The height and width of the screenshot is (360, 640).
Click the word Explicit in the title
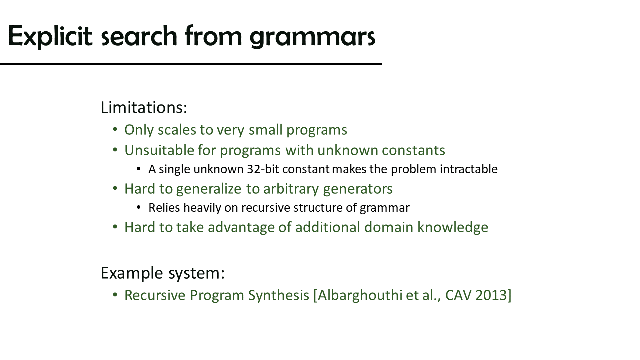pos(50,36)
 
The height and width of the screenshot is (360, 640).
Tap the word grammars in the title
pos(312,37)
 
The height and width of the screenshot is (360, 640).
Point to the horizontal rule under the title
pos(191,64)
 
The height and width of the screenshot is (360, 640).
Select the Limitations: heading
pos(144,108)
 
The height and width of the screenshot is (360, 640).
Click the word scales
pos(177,130)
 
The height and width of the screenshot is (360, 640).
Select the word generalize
pos(209,189)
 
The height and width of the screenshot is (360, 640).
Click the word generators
pos(358,189)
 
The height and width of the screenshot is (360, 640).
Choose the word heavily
pos(202,208)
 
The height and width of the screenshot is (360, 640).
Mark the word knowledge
pos(453,228)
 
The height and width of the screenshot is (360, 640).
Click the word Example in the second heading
pos(132,273)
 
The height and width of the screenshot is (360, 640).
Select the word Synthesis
pos(279,295)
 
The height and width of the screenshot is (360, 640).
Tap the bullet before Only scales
pos(115,129)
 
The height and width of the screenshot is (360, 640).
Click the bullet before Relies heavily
pos(139,207)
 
